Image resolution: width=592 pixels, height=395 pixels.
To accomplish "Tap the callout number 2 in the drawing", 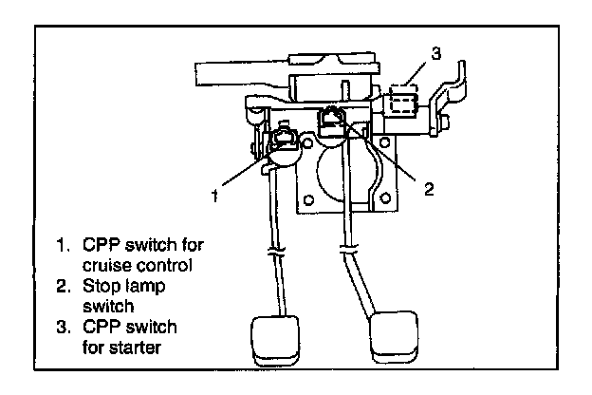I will pyautogui.click(x=428, y=190).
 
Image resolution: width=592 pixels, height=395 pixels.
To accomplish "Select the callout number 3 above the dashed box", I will pyautogui.click(x=435, y=54).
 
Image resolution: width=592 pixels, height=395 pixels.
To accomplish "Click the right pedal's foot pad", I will pyautogui.click(x=392, y=337).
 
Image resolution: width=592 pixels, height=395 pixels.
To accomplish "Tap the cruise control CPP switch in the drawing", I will pyautogui.click(x=283, y=144).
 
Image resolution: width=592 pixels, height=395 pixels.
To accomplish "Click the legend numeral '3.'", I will pyautogui.click(x=63, y=326).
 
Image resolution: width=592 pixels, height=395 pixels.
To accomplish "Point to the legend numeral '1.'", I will pyautogui.click(x=63, y=244).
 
